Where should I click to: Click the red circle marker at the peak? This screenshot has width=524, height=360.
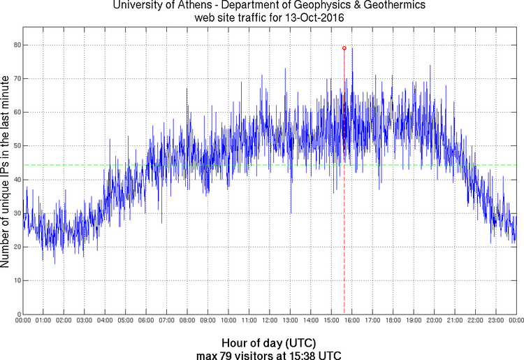pyautogui.click(x=344, y=48)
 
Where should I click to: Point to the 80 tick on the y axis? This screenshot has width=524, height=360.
pyautogui.click(x=16, y=45)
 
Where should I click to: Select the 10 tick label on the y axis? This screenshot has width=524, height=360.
pyautogui.click(x=16, y=280)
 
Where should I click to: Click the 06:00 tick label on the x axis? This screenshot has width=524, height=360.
pyautogui.click(x=146, y=320)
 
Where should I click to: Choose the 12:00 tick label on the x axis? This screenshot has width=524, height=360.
pyautogui.click(x=270, y=320)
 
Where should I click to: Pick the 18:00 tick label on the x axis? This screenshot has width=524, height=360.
pyautogui.click(x=393, y=320)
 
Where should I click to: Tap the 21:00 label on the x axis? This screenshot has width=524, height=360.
pyautogui.click(x=455, y=320)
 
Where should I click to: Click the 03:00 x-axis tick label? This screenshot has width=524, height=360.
pyautogui.click(x=85, y=320)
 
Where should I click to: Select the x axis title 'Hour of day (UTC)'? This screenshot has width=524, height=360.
pyautogui.click(x=268, y=343)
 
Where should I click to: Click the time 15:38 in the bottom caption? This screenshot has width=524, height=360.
pyautogui.click(x=308, y=354)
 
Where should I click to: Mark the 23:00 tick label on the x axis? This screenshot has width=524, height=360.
pyautogui.click(x=496, y=320)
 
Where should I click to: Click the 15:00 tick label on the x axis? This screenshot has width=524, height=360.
pyautogui.click(x=332, y=320)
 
